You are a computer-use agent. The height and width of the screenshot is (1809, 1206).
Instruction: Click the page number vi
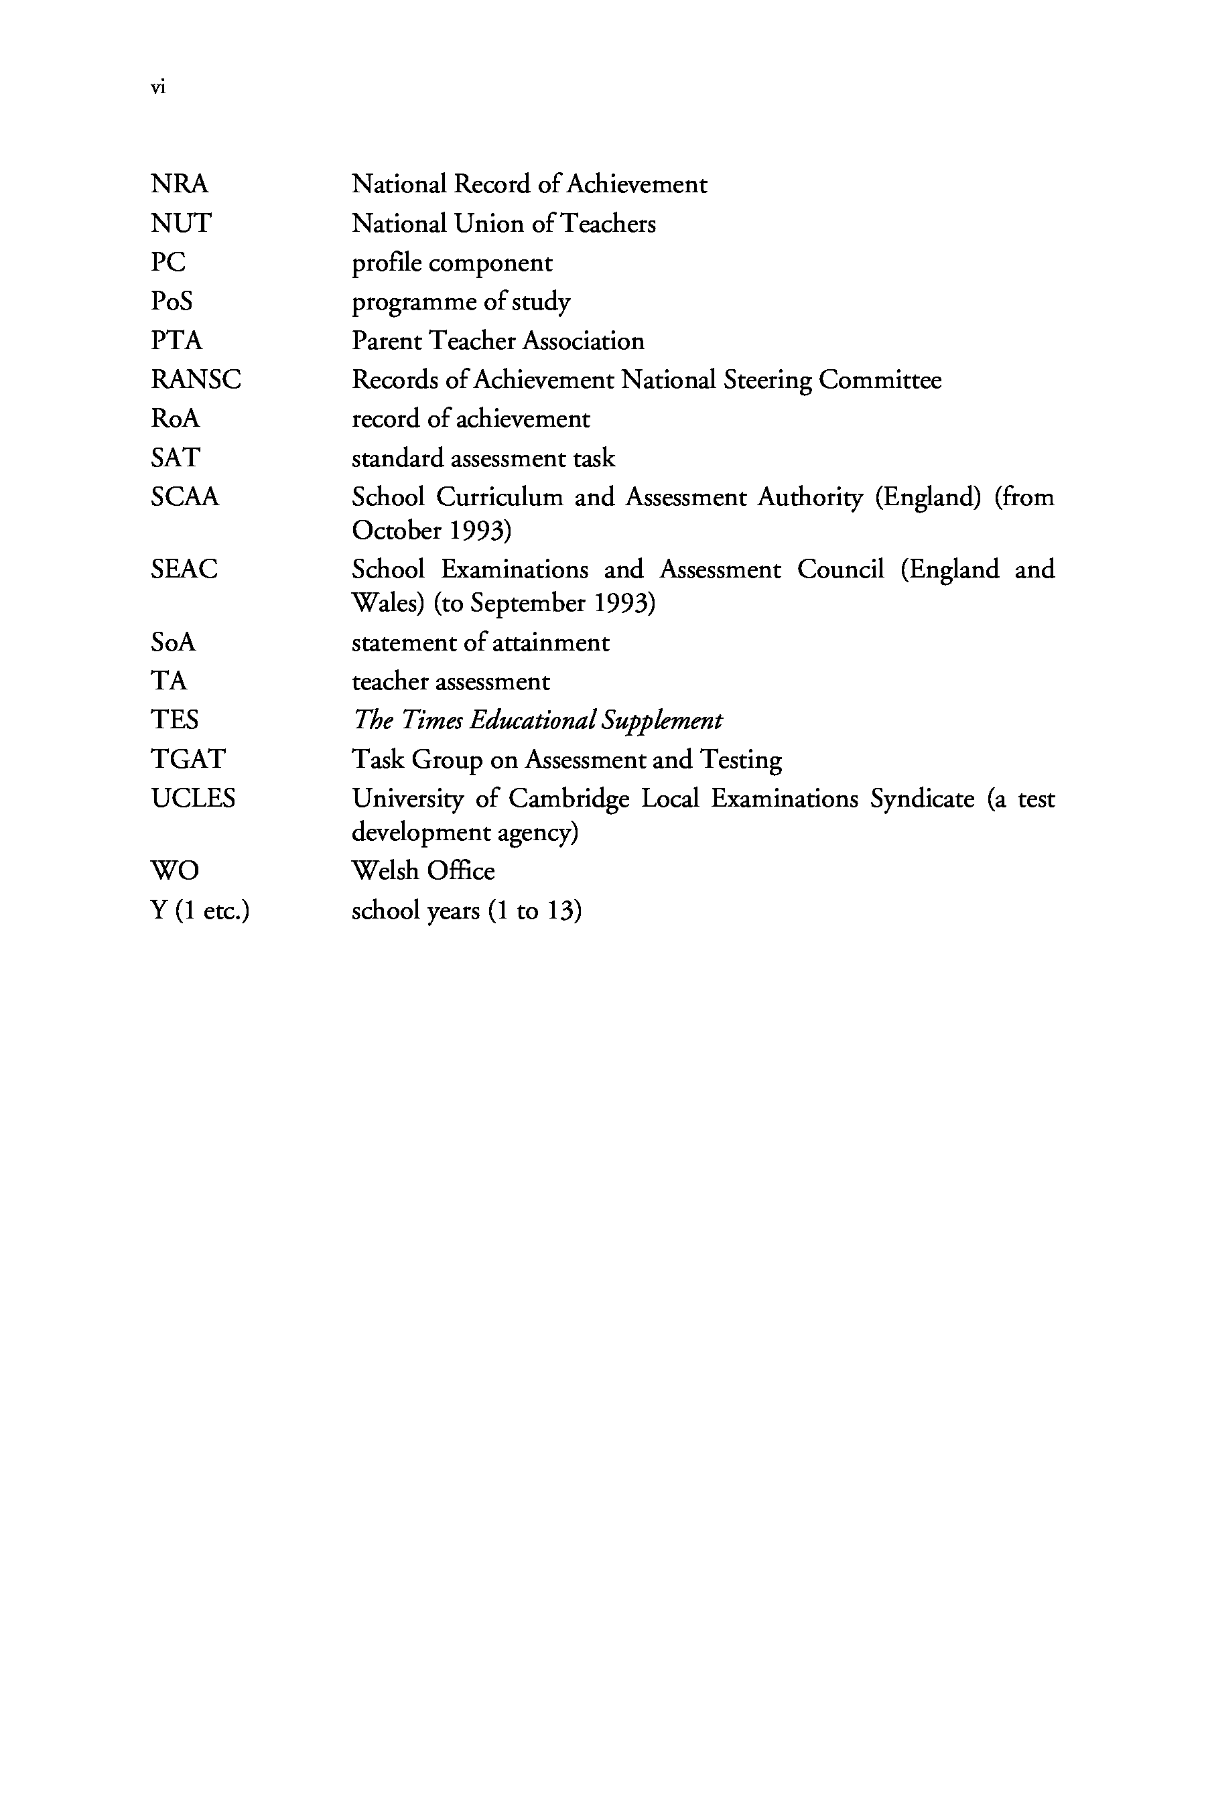point(157,88)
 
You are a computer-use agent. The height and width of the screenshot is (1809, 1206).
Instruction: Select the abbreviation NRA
point(179,185)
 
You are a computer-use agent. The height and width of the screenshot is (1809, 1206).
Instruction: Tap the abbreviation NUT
point(181,224)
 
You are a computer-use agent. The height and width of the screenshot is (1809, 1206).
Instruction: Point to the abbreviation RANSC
point(196,380)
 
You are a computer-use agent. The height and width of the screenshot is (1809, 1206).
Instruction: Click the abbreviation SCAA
point(185,498)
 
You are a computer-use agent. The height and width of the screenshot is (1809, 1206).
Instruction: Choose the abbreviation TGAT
point(188,760)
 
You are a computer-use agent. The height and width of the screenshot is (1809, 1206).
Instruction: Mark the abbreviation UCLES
point(193,799)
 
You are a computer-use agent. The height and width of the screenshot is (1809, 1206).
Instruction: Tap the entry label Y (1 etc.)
point(200,911)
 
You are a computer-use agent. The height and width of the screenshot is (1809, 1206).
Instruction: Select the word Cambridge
point(568,800)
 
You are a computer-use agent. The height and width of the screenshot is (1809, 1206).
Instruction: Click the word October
point(396,531)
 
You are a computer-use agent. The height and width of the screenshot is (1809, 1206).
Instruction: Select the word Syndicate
point(922,800)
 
